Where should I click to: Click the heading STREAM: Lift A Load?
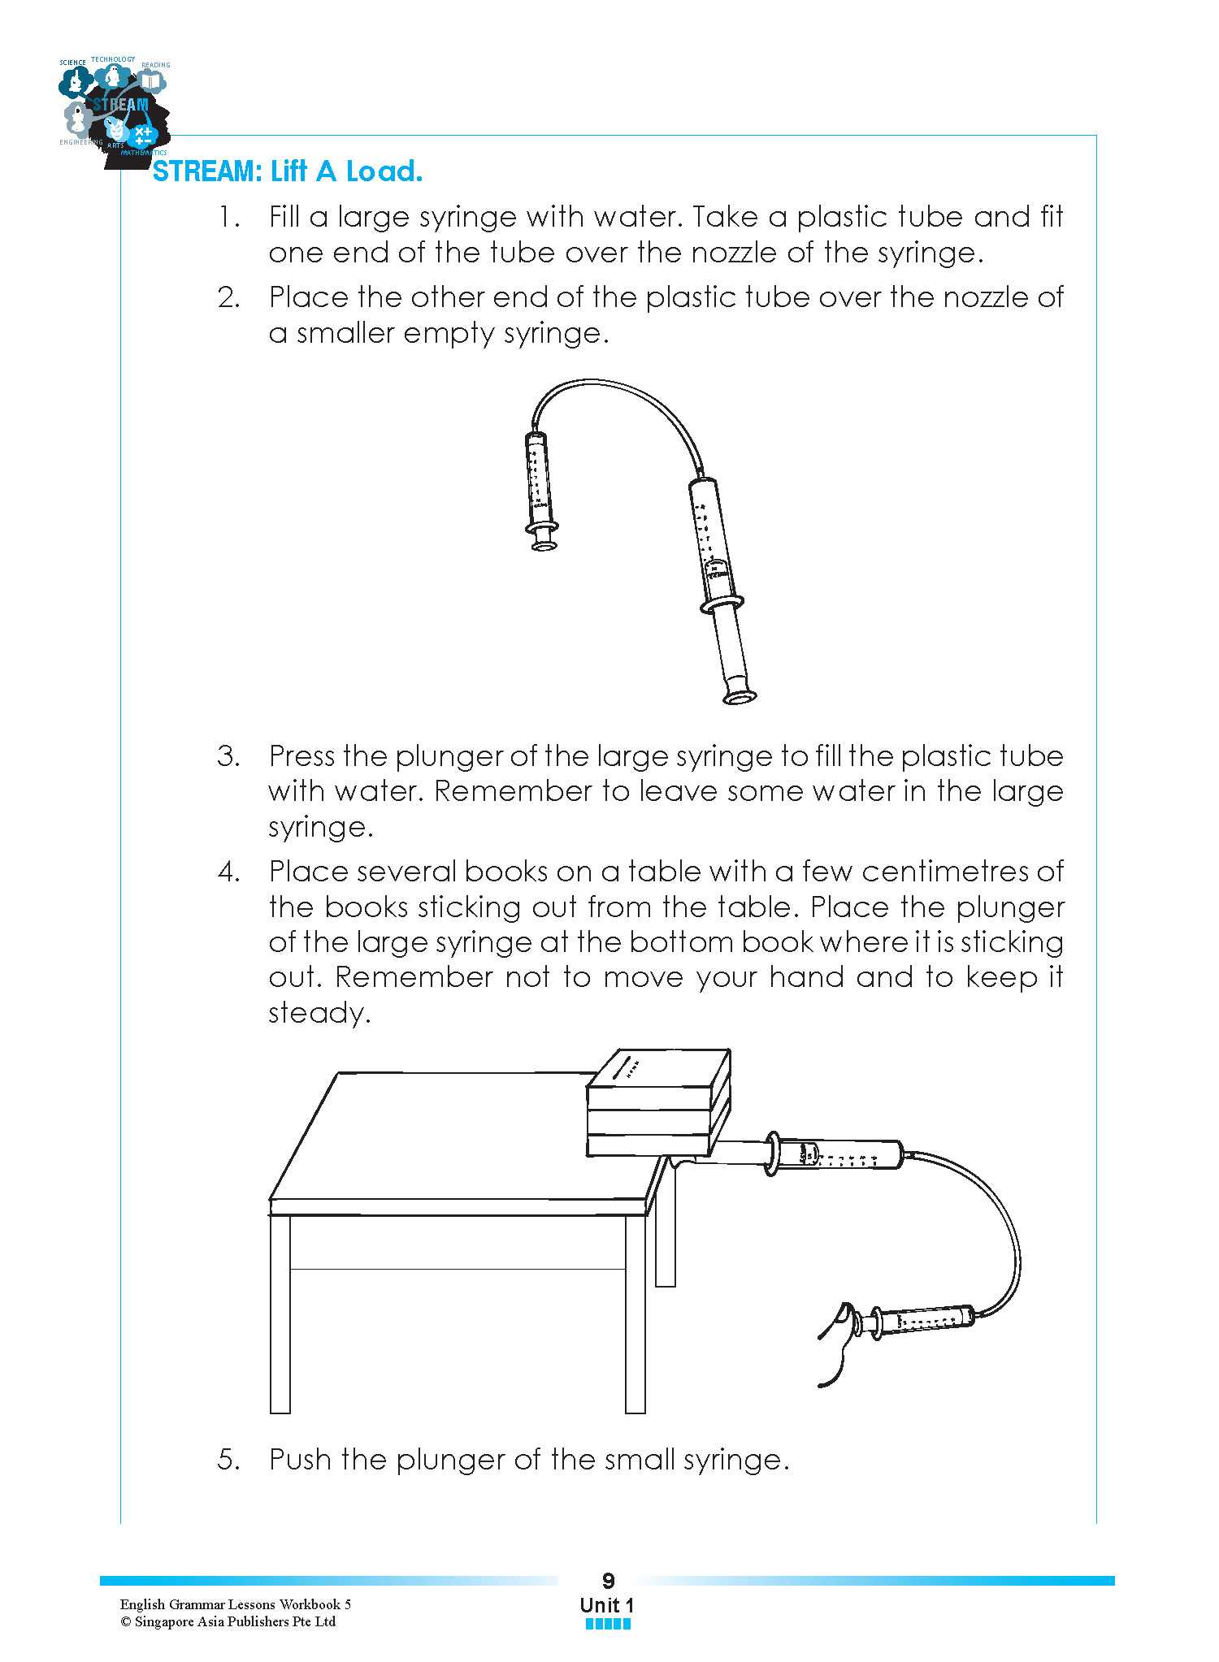click(x=288, y=171)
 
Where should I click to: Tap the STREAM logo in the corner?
click(x=115, y=110)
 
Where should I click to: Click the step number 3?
click(x=228, y=756)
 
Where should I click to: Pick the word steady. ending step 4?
click(x=319, y=1013)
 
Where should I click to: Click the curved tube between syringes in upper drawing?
click(x=618, y=394)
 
